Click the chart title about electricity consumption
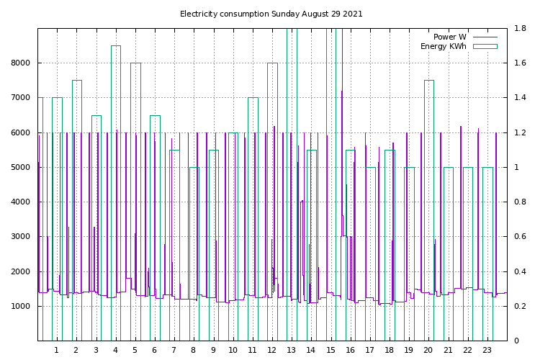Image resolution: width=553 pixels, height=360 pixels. tap(271, 14)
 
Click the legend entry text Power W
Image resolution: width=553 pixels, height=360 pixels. tap(449, 37)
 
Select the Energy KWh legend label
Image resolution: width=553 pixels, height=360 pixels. tap(443, 47)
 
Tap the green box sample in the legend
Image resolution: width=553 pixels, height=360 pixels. tap(485, 47)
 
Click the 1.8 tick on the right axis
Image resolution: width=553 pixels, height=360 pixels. tap(520, 29)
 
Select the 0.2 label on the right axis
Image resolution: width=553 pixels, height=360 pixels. tap(520, 306)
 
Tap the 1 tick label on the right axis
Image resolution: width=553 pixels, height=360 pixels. tap(516, 168)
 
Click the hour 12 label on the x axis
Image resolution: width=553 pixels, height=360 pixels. tap(272, 351)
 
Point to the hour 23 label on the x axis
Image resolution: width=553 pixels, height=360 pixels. tap(487, 351)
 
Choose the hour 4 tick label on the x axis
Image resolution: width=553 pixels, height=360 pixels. tap(115, 351)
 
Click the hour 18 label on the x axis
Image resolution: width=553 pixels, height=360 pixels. tap(390, 351)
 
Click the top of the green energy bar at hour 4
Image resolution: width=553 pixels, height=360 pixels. tap(115, 46)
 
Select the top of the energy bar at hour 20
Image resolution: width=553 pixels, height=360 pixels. tap(428, 81)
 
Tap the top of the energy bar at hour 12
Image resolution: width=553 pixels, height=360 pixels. tap(272, 63)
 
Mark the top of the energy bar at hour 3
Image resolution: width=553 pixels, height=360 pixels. tap(96, 115)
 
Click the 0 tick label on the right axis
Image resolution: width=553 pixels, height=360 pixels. tap(516, 341)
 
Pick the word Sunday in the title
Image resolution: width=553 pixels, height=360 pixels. tap(284, 14)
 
